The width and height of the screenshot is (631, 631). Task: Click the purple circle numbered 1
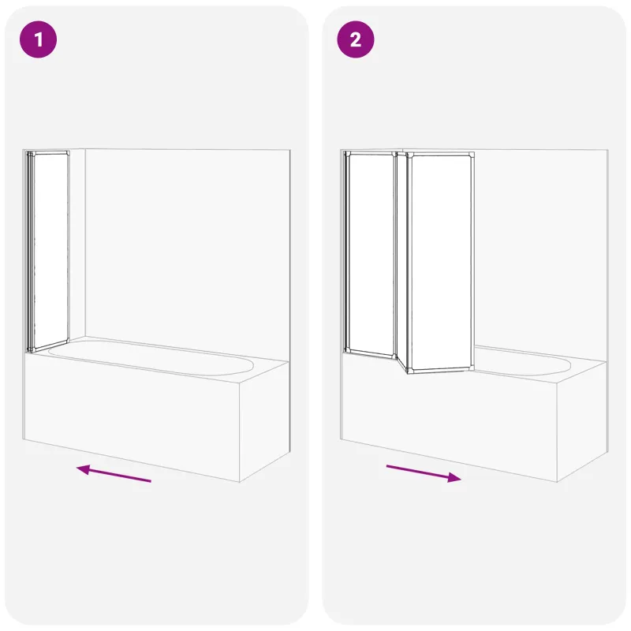[x=38, y=39]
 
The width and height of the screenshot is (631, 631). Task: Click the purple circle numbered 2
[x=356, y=39]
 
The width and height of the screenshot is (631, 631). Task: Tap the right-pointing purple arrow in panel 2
[x=424, y=473]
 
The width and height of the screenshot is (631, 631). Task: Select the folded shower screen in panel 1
[x=48, y=252]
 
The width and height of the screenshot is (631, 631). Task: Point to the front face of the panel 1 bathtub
[x=132, y=416]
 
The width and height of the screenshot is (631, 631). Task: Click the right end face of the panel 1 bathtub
[x=265, y=420]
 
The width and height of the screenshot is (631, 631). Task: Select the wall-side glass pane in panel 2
[x=370, y=254]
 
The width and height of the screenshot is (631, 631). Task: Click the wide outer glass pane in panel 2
[x=441, y=262]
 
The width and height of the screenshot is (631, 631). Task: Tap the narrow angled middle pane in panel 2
[x=401, y=262]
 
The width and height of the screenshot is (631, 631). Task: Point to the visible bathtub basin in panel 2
[x=522, y=362]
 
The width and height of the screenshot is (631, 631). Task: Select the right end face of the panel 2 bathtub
[x=582, y=420]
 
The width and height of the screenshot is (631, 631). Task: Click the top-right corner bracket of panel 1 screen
[x=67, y=153]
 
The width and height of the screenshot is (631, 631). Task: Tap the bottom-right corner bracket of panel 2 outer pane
[x=471, y=367]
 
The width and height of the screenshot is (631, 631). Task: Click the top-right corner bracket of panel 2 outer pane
[x=471, y=155]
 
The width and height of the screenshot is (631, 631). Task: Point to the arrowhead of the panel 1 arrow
[x=83, y=469]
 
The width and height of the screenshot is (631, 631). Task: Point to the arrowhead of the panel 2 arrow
[x=454, y=477]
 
